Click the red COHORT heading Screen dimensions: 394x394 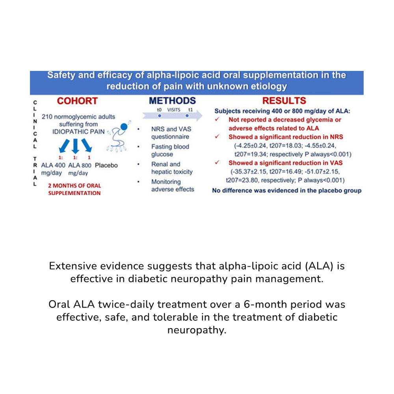[x=77, y=101]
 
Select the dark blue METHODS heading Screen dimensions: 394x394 [x=173, y=100]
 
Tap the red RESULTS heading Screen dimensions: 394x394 [x=284, y=100]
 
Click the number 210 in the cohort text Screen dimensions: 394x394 [x=47, y=117]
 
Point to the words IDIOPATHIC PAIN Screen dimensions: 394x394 [x=78, y=132]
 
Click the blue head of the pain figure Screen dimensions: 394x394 [x=124, y=127]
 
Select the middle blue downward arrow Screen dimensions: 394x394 [x=75, y=146]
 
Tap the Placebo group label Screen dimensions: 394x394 [x=106, y=165]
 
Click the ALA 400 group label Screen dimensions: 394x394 [x=53, y=165]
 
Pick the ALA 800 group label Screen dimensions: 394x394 [x=80, y=165]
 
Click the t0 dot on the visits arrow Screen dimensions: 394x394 [x=160, y=116]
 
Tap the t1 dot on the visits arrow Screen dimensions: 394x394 [x=187, y=116]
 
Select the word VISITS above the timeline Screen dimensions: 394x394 [x=174, y=110]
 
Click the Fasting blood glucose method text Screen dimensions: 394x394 [x=170, y=150]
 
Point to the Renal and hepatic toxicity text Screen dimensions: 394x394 [x=172, y=168]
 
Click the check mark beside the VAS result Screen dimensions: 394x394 [x=217, y=162]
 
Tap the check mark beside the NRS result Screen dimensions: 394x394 [x=217, y=136]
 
